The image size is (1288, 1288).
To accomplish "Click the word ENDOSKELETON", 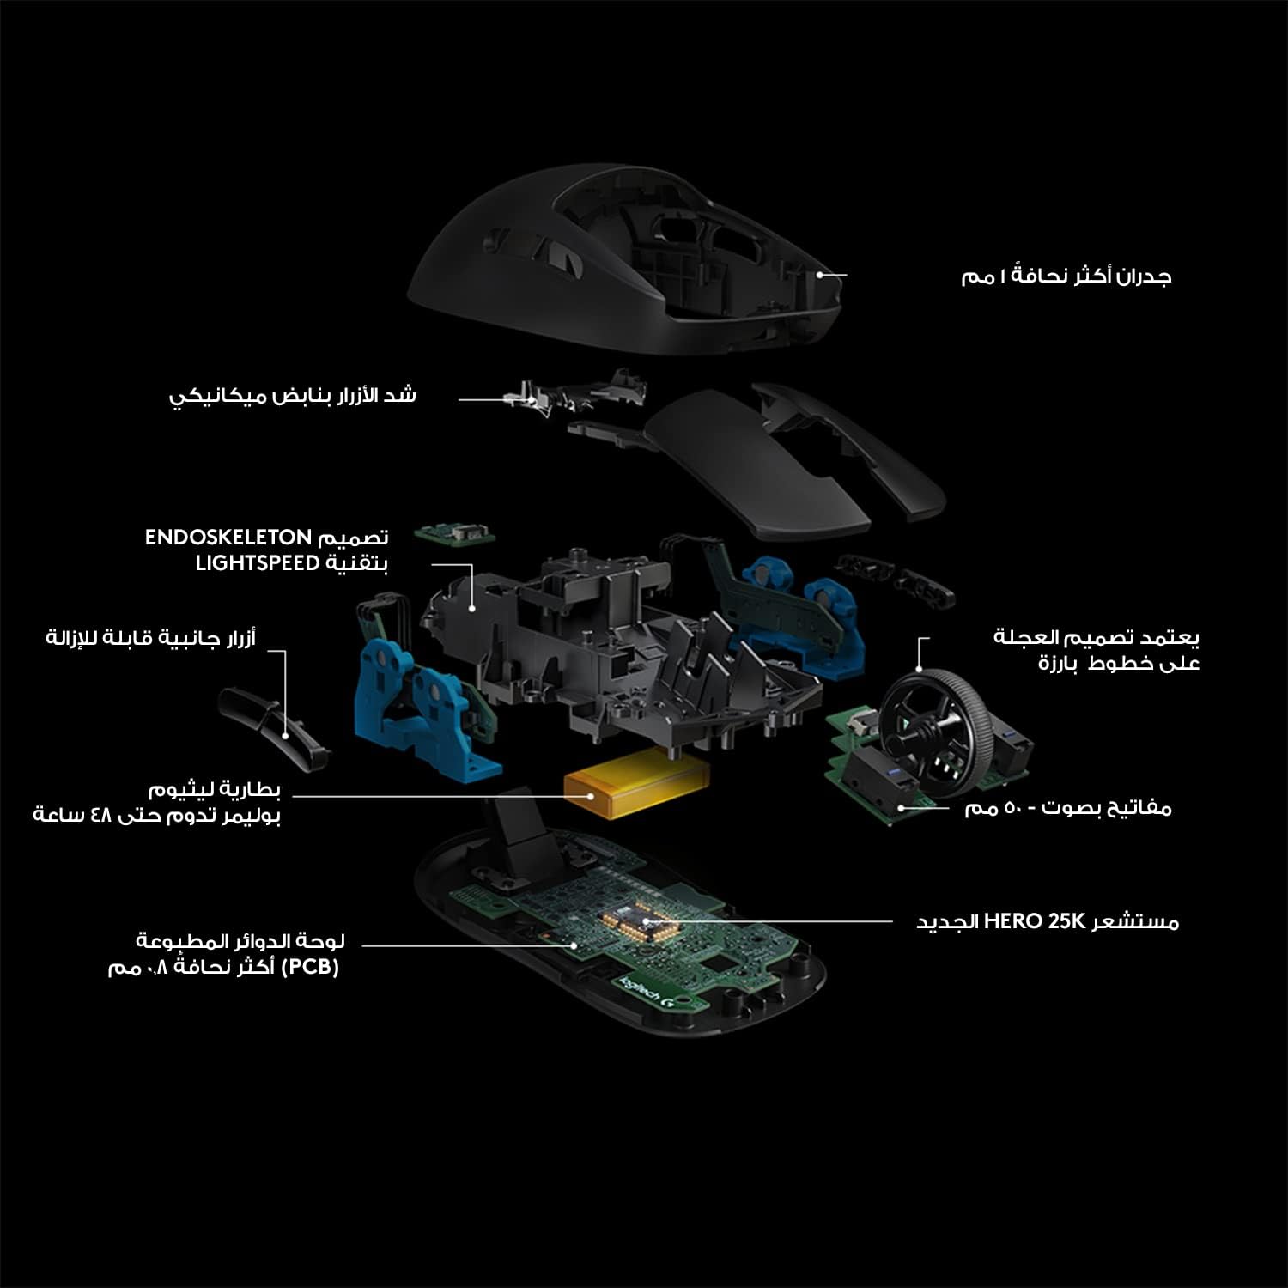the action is point(228,538).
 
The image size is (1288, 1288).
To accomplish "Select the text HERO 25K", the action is point(1036,921).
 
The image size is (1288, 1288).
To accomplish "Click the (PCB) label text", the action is point(310,967).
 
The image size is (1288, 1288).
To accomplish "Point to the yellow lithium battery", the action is point(636,781).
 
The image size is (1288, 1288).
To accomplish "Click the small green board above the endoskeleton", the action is point(455,535).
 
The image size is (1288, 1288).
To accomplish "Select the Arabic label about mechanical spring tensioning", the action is point(293,396).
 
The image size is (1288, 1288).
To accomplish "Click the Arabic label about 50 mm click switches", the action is point(1068,807).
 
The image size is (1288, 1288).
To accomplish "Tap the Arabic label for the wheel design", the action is point(1097,650).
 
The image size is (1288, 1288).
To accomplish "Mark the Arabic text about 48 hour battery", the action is point(157,801).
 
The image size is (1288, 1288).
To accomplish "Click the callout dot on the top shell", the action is point(819,275).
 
